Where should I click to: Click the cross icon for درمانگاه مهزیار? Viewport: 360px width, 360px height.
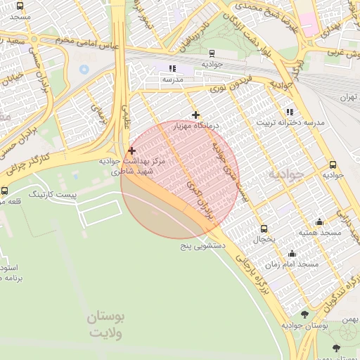click(195, 115)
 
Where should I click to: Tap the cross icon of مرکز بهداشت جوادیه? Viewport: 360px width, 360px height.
click(131, 150)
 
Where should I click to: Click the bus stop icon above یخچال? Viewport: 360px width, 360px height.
click(264, 229)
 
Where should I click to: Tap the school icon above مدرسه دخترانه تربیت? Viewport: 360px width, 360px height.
click(290, 112)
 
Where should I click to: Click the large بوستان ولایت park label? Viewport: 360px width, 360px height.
click(105, 326)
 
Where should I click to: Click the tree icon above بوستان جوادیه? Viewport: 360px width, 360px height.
click(304, 314)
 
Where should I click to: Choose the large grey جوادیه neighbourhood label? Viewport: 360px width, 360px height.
click(286, 173)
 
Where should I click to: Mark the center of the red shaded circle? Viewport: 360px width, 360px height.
click(180, 179)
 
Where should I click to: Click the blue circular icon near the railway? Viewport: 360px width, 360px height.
click(84, 69)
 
